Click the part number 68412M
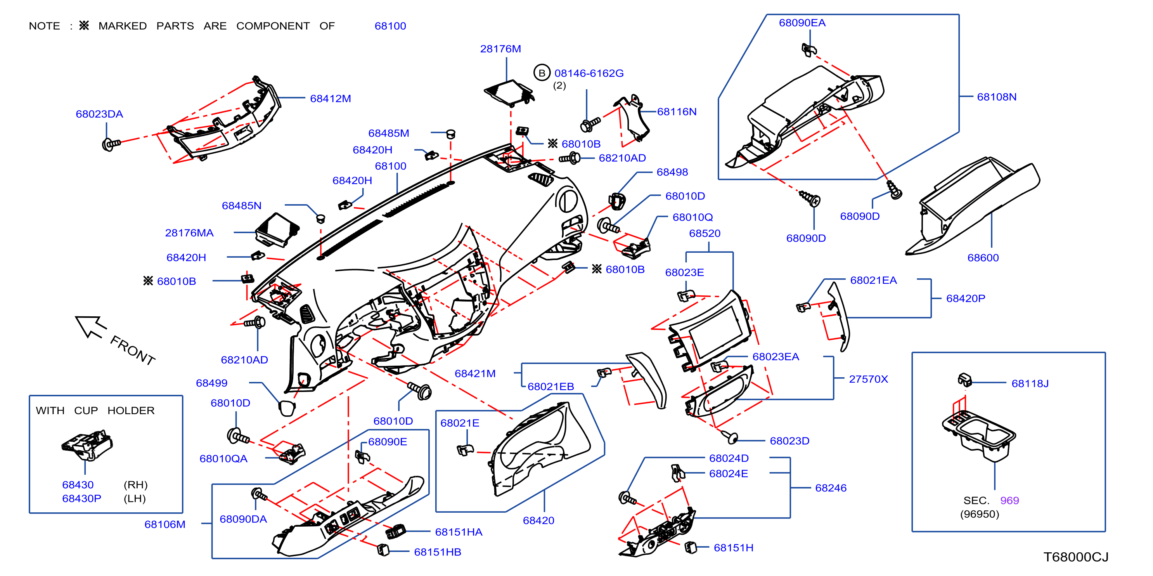point(330,99)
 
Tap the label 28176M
point(500,49)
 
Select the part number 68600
point(983,258)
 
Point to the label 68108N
point(996,97)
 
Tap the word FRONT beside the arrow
point(133,350)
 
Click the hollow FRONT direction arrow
point(91,326)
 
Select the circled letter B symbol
point(542,73)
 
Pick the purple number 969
point(1009,500)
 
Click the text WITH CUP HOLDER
point(95,410)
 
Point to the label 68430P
point(81,498)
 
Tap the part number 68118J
point(1030,383)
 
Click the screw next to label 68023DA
point(111,144)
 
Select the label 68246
point(831,488)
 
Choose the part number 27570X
point(868,379)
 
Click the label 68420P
point(966,298)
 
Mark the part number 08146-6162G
point(589,73)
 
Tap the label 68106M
point(165,524)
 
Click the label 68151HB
point(437,552)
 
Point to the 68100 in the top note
point(390,26)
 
